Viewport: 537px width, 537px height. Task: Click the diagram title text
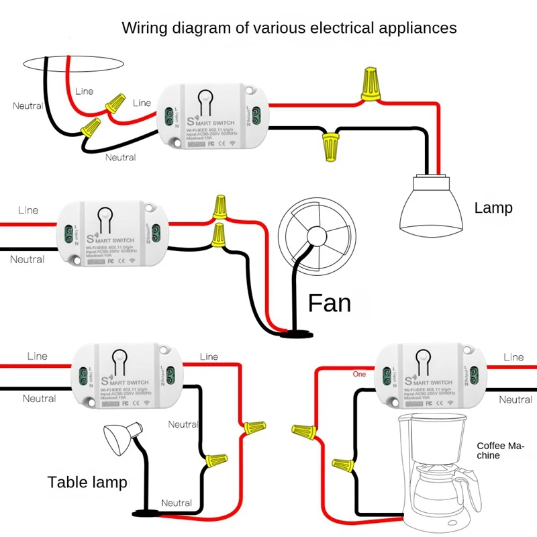point(289,28)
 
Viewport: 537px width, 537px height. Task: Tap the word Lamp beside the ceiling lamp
point(493,208)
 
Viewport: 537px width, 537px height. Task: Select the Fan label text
point(330,303)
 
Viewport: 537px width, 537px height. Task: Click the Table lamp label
point(87,482)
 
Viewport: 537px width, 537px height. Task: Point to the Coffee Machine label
point(500,450)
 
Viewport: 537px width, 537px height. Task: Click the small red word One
point(359,374)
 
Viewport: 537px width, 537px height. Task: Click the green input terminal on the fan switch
point(68,234)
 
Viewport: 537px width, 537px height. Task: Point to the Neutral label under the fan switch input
point(27,260)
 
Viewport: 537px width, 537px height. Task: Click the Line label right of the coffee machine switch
point(514,357)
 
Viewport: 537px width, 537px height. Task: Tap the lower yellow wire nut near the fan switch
point(218,234)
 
